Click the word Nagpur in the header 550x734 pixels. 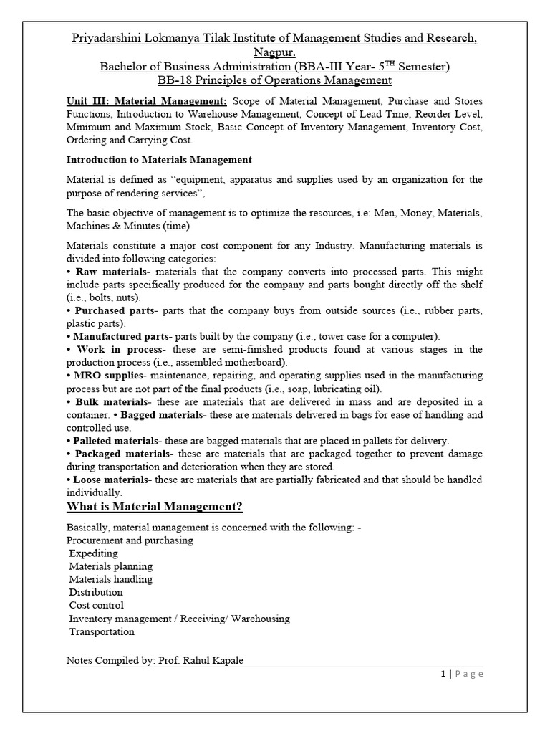coord(274,52)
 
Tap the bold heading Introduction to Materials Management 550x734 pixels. coord(158,159)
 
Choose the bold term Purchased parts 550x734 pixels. coord(114,310)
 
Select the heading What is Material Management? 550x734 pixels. coord(154,507)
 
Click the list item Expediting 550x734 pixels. coord(94,553)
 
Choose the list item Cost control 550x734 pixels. coord(96,605)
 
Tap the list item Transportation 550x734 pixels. coord(102,631)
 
